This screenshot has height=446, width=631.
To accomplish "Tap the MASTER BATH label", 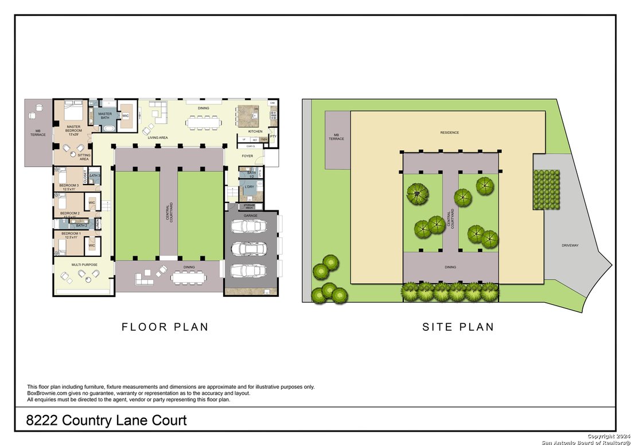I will (105, 115).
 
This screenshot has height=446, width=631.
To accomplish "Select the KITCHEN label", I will (255, 131).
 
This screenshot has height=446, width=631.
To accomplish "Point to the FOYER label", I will (247, 155).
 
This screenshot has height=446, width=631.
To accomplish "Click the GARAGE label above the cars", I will (251, 215).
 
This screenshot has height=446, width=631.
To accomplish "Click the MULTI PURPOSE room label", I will (84, 264).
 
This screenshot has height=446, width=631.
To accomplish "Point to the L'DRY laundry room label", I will (250, 187).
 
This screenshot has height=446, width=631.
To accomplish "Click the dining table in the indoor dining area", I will (203, 122).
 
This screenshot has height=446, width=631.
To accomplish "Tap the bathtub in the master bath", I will (105, 127).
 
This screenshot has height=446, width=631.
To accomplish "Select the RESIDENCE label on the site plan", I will (449, 132).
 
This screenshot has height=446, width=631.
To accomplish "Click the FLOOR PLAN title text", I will (165, 327).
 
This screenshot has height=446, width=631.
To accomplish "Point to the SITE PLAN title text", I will (458, 327).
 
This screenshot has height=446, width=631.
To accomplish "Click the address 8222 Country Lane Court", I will (107, 420).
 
